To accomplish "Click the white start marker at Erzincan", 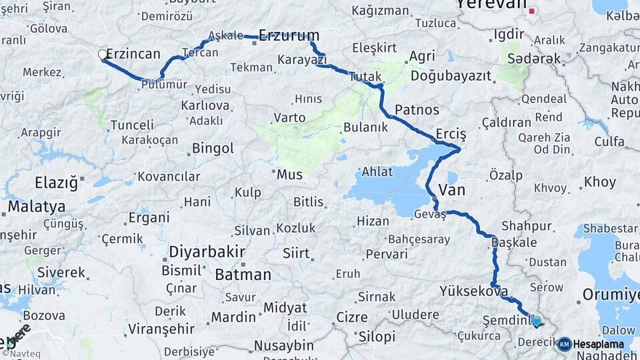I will point(103,55).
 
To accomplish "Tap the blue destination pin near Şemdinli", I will point(537,321).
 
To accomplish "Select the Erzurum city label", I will point(289,35).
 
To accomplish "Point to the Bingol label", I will point(213,148).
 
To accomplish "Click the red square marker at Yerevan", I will point(531,11).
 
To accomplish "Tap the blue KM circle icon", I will point(565,344).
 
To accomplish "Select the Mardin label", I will point(233,317).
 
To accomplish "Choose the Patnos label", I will point(417,109).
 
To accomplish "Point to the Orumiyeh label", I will point(611,295).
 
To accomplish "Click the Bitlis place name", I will point(308,202).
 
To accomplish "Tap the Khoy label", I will point(600,182).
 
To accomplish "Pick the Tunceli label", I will point(132,125).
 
